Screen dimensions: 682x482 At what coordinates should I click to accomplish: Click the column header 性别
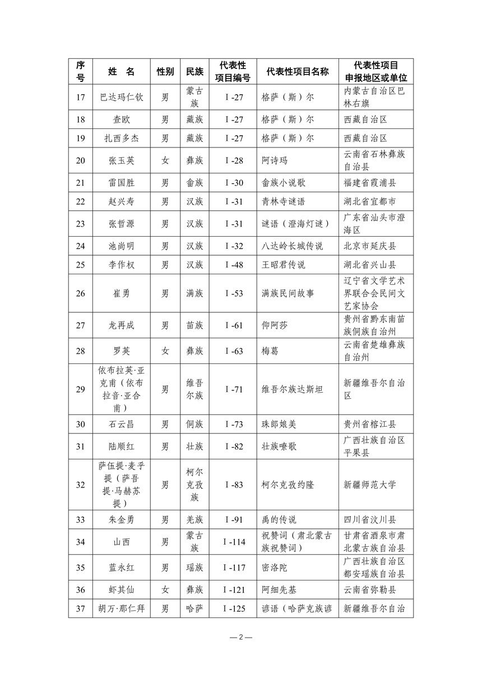[x=165, y=72]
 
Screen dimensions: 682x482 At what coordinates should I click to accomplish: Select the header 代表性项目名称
[x=298, y=72]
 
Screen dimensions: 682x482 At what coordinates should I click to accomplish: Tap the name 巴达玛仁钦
[x=122, y=97]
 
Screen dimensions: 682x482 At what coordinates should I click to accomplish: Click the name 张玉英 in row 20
[x=122, y=160]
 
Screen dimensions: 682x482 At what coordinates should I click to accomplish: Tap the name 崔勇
[x=122, y=293]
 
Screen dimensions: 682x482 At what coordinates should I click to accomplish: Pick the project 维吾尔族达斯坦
[x=293, y=389]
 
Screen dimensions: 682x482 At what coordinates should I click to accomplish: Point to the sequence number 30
[x=80, y=424]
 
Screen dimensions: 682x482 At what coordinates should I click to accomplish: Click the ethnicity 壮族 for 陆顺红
[x=194, y=446]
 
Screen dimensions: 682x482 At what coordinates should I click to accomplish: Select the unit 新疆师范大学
[x=369, y=485]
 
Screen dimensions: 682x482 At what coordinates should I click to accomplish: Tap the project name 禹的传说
[x=279, y=519]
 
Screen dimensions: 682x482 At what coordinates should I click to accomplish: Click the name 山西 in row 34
[x=122, y=542]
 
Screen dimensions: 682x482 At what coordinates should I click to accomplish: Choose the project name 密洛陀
[x=274, y=568]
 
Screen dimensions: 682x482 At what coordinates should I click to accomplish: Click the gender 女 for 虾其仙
[x=165, y=589]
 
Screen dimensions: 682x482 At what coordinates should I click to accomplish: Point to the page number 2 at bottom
[x=241, y=638]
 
